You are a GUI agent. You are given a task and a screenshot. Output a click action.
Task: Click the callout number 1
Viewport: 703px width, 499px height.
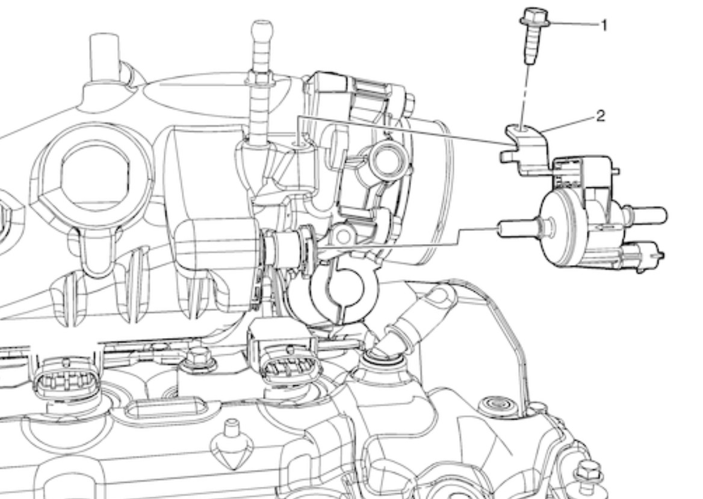604,25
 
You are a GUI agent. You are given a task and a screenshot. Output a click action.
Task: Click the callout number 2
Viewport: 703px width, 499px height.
601,116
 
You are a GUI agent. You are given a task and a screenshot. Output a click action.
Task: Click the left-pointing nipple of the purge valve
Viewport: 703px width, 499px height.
520,228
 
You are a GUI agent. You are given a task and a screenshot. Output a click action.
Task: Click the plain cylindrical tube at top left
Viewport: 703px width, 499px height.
104,58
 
